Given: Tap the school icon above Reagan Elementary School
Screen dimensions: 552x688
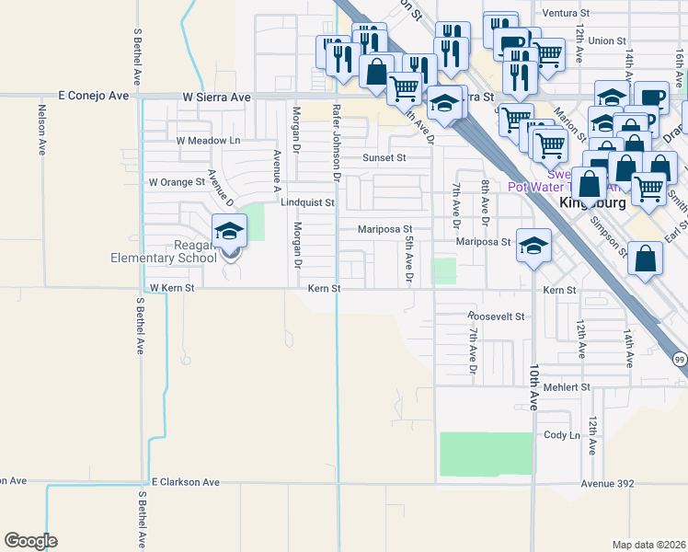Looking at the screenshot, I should [230, 230].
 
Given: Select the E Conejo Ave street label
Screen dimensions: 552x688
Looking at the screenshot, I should [95, 96].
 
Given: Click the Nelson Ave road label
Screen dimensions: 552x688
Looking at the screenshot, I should [40, 132].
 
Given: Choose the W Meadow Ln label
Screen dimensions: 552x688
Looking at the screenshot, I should [207, 141].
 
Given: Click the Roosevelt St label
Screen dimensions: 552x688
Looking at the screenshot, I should [495, 316].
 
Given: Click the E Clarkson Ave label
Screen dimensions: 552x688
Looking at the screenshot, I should [186, 482].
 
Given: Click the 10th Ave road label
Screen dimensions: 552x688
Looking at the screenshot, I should [533, 385].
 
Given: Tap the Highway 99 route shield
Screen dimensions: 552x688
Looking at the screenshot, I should [679, 358].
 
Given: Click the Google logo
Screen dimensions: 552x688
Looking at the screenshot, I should [30, 541].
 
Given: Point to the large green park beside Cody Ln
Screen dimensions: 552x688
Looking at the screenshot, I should [486, 454].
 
